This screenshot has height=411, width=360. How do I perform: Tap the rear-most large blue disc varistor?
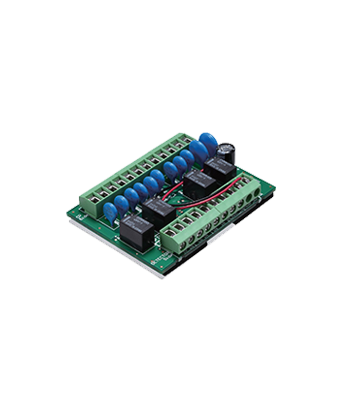pyautogui.click(x=207, y=142)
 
